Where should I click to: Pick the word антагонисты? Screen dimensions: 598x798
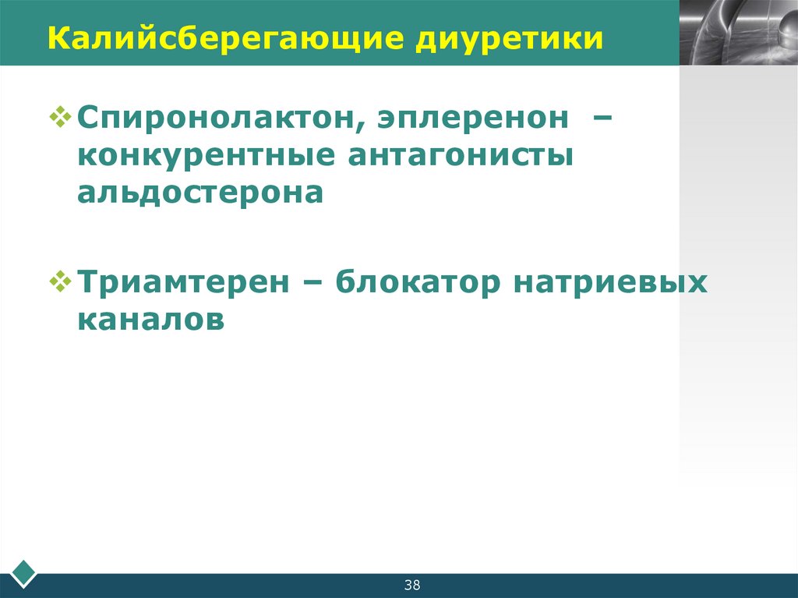pyautogui.click(x=461, y=155)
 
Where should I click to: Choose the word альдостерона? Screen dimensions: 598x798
pyautogui.click(x=199, y=192)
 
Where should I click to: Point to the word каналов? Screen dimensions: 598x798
pyautogui.click(x=150, y=320)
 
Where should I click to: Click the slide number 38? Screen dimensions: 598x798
pyautogui.click(x=412, y=586)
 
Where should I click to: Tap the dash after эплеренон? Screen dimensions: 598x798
pyautogui.click(x=601, y=119)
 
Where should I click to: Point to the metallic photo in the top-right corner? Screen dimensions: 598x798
pyautogui.click(x=738, y=32)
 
